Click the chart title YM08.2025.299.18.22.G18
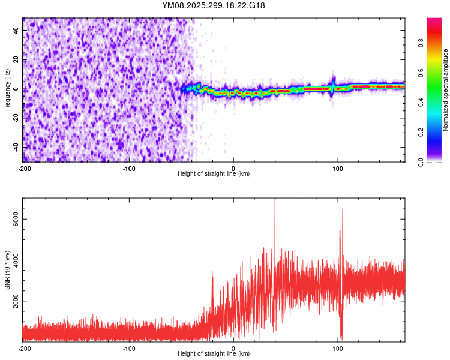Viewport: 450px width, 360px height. pos(214,5)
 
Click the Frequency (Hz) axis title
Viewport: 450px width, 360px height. pos(7,90)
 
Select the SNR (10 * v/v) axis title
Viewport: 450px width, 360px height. pos(7,269)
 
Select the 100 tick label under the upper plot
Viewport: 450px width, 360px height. pos(338,168)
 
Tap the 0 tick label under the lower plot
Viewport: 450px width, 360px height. pos(233,348)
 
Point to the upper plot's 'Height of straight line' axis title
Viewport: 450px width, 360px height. pos(214,174)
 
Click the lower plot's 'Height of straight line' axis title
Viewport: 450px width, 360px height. pos(214,354)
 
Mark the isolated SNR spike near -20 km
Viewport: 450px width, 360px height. pos(212,273)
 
